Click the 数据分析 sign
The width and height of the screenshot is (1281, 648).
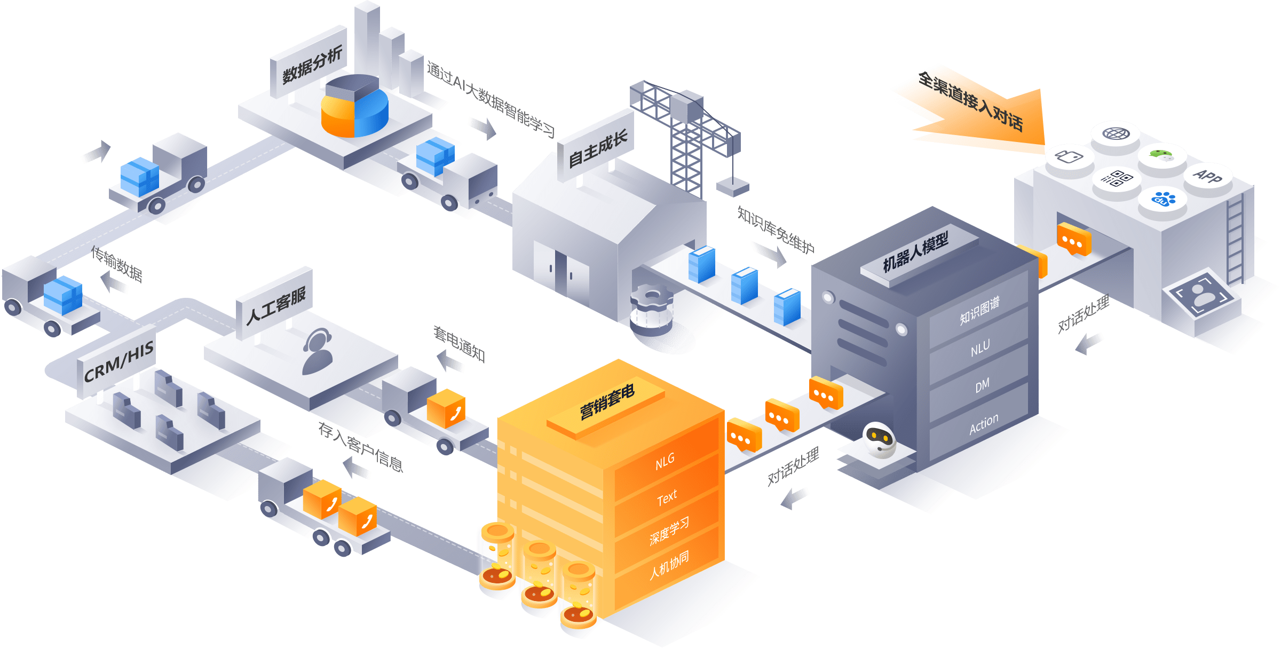point(311,65)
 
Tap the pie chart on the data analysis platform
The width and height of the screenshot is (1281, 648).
point(354,106)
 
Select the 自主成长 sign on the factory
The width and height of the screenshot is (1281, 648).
point(597,149)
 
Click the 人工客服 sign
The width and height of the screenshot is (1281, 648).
point(275,306)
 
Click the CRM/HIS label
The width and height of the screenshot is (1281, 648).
point(118,362)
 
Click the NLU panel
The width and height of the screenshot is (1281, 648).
point(980,349)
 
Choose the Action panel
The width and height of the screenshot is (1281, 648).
point(983,424)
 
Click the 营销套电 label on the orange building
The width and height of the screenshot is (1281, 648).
point(607,402)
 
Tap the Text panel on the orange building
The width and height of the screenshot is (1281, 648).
point(667,498)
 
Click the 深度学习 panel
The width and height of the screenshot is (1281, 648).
point(669,531)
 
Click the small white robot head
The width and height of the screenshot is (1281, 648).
point(879,439)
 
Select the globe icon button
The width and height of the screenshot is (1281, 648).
point(1116,134)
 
